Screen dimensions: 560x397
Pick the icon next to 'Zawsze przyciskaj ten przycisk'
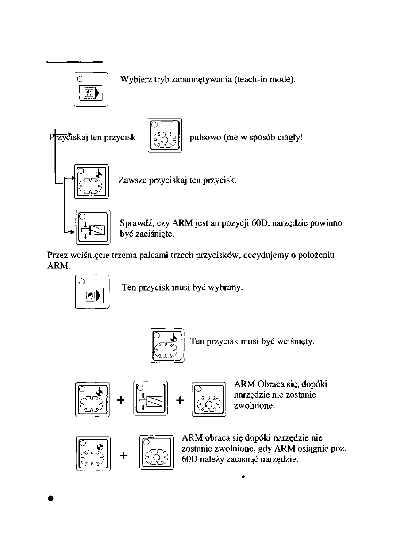tap(92, 181)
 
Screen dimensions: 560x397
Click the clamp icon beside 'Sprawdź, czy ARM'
tap(93, 226)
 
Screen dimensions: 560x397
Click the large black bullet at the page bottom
tap(50, 498)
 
